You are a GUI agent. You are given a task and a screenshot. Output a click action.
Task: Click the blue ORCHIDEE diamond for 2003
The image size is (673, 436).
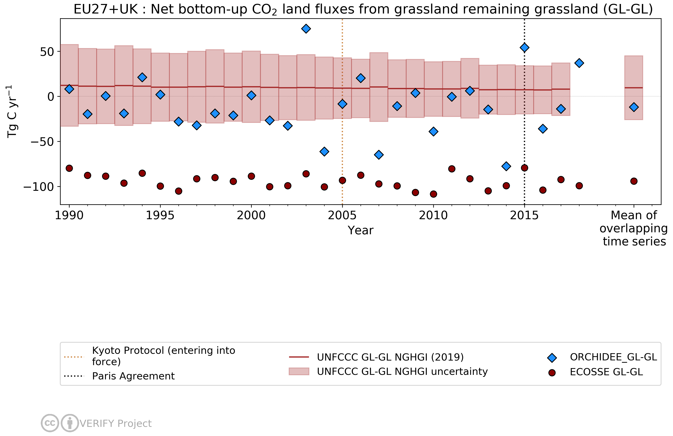coord(306,29)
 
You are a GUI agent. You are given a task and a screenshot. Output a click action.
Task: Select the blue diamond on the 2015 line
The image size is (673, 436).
coord(524,47)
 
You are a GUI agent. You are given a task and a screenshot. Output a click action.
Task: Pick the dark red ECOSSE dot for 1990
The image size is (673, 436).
coord(69,168)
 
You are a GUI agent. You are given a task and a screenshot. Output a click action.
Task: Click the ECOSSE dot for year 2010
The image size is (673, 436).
coord(433,194)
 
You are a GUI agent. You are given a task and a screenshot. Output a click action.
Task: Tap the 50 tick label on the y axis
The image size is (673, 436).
coord(47,52)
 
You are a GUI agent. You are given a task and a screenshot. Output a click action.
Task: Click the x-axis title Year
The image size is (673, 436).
coord(360,231)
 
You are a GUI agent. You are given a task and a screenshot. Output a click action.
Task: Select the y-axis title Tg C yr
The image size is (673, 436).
coord(12,112)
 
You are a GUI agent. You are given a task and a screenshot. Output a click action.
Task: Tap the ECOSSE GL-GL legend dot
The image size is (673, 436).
coord(552,373)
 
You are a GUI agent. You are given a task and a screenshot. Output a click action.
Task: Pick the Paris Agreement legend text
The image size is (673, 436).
coord(133,376)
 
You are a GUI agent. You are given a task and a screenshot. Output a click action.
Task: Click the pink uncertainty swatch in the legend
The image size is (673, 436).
coord(299,371)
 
